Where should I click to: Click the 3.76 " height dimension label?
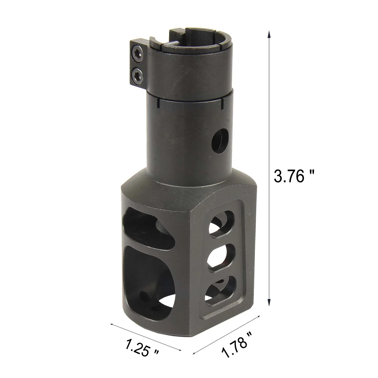click(295, 176)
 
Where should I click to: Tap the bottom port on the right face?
click(221, 290)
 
